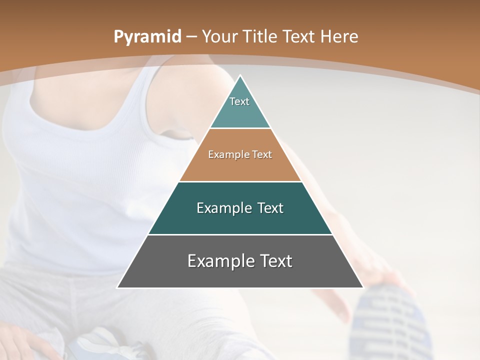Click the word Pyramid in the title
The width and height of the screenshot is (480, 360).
pos(146,37)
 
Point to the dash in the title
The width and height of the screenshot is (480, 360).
pos(191,37)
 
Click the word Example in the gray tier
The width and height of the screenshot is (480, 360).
pos(216,261)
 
